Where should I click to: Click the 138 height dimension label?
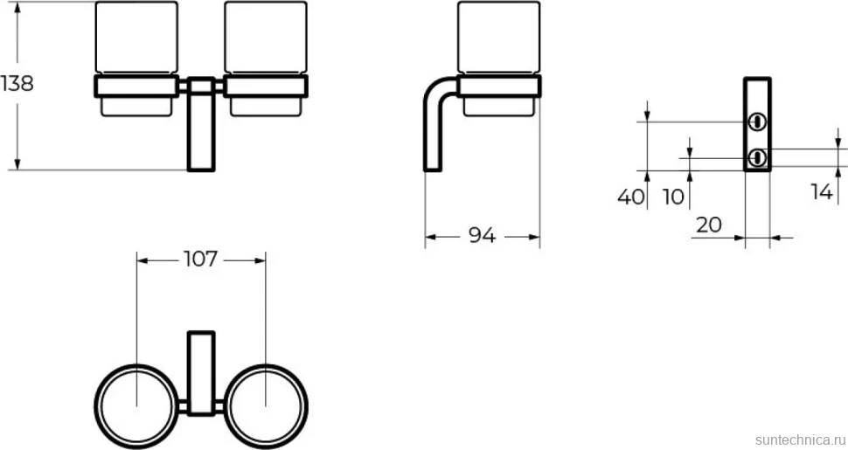click(x=17, y=84)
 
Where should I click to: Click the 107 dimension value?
click(x=201, y=260)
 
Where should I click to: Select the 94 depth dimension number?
click(x=482, y=236)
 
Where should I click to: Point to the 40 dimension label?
click(x=631, y=197)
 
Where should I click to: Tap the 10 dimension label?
click(x=674, y=197)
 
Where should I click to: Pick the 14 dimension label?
click(x=822, y=191)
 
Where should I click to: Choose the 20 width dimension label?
click(x=709, y=225)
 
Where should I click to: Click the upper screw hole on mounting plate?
click(x=757, y=121)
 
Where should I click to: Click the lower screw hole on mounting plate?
click(x=757, y=158)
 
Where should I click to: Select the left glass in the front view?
click(x=136, y=59)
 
